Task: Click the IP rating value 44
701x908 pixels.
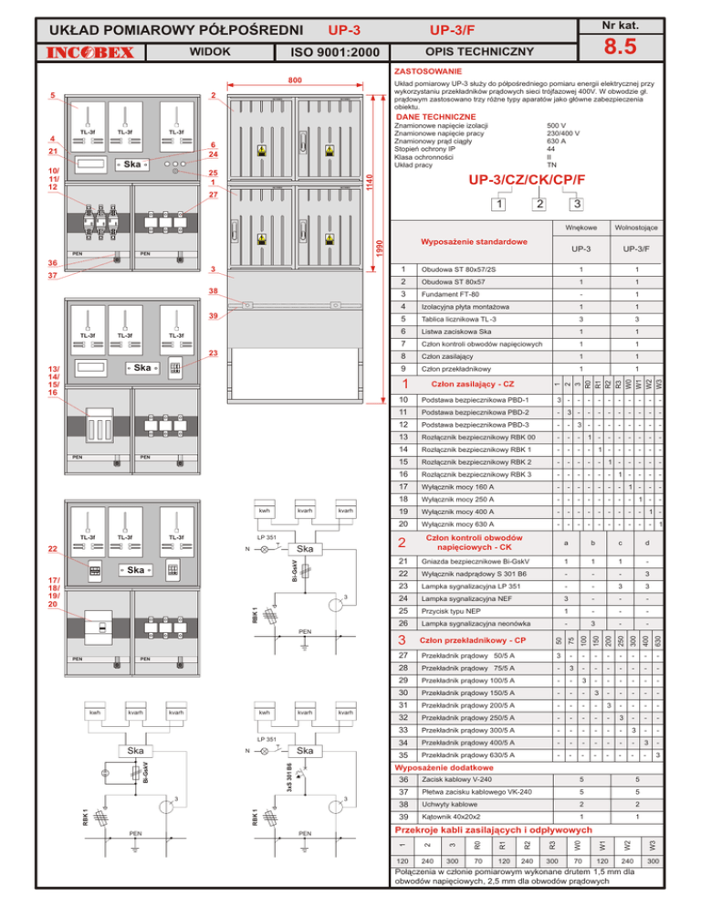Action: (550, 147)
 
